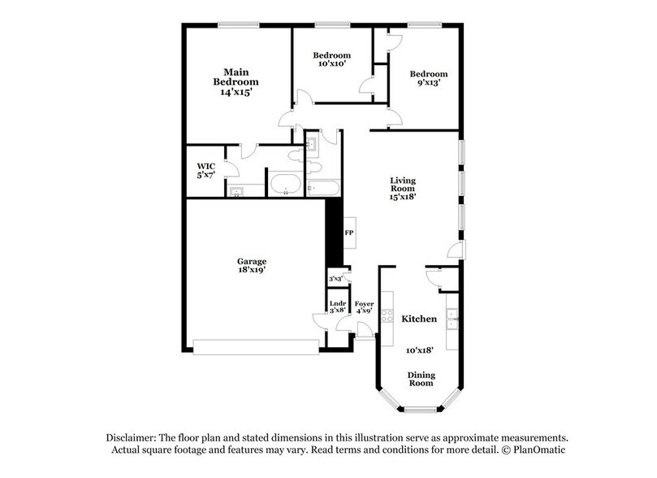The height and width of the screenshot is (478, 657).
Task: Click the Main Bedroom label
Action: pos(236,76)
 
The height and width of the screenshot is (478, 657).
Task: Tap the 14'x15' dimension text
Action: pos(236,93)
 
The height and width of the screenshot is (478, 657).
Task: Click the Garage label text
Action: pos(252,261)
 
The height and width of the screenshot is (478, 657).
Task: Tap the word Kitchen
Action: pos(420,319)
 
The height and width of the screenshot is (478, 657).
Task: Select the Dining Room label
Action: pos(420,380)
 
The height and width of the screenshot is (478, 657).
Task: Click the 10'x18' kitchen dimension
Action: pos(420,350)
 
